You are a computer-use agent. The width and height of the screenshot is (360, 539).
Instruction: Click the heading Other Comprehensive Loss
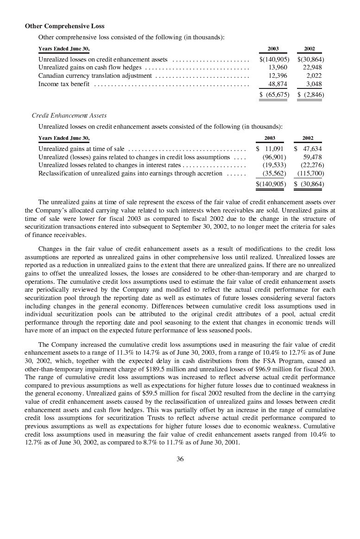coord(64,26)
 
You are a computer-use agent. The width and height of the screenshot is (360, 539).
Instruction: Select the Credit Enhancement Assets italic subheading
coord(69,115)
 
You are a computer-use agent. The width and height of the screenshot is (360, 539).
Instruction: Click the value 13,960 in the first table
coord(278,68)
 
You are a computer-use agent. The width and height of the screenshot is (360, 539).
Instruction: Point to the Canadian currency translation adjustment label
coord(95,75)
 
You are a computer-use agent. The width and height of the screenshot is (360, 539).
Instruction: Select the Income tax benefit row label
coord(64,84)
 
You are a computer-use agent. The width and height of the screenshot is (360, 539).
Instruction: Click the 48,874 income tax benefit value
coord(278,84)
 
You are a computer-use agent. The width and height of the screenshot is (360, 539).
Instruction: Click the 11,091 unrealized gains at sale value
coord(274,149)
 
